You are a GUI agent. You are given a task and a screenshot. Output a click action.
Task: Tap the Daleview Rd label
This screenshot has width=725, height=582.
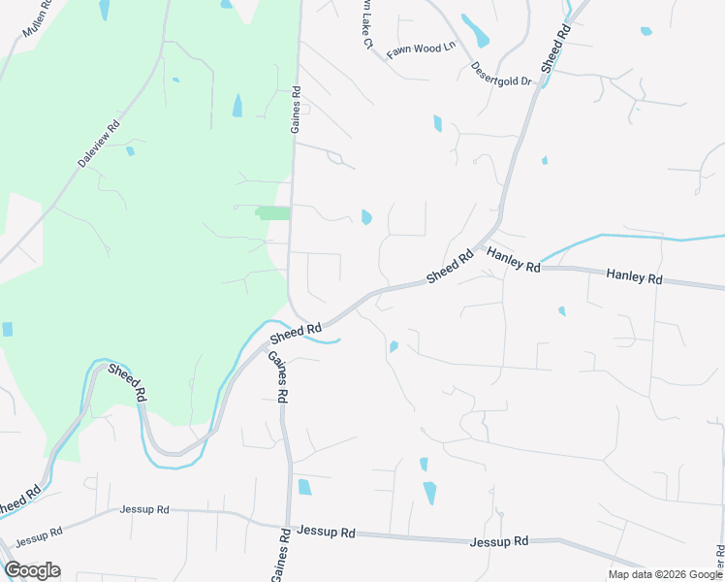click(99, 144)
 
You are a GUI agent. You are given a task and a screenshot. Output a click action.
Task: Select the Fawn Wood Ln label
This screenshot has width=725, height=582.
click(421, 49)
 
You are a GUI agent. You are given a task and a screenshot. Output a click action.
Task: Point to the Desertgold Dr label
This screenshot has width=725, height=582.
click(502, 75)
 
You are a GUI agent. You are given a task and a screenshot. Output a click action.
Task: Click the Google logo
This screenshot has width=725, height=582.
click(32, 570)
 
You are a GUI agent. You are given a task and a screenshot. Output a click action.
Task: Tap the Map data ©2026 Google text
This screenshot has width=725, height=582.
click(665, 574)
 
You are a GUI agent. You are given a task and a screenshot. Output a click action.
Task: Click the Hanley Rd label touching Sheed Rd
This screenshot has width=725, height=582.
click(513, 259)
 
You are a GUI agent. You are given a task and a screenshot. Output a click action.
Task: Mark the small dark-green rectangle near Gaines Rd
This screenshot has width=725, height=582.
click(272, 212)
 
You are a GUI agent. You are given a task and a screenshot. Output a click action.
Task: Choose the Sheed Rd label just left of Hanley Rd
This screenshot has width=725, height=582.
click(451, 265)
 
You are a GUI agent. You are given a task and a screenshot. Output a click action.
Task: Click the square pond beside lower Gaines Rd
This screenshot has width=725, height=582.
click(304, 487)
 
